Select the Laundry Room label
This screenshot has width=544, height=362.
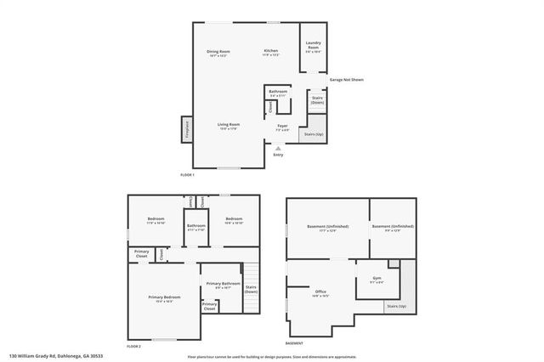click(314, 48)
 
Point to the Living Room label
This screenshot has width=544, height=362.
click(228, 126)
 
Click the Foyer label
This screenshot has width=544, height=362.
click(282, 127)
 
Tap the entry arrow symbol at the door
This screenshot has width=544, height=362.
click(277, 148)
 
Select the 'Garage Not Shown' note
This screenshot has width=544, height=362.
click(347, 80)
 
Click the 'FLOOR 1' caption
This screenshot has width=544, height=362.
click(187, 175)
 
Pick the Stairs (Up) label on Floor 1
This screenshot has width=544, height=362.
click(314, 134)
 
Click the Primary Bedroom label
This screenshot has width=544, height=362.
click(161, 297)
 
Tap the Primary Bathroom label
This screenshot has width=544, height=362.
click(224, 286)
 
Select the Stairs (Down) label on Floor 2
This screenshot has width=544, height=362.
click(251, 289)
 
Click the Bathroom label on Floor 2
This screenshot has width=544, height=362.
click(197, 226)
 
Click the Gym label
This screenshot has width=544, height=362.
click(377, 279)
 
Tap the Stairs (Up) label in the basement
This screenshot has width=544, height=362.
click(396, 305)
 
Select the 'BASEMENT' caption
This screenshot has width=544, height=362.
click(294, 343)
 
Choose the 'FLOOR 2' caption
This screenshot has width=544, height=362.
click(133, 347)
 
